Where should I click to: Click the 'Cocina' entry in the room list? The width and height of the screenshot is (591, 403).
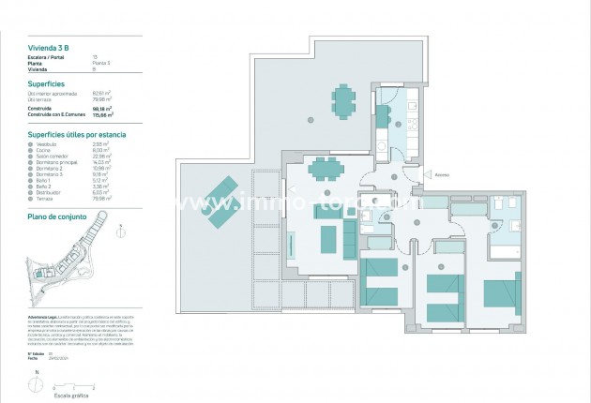[41, 149]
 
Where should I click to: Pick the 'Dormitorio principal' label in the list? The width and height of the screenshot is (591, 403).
[52, 160]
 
